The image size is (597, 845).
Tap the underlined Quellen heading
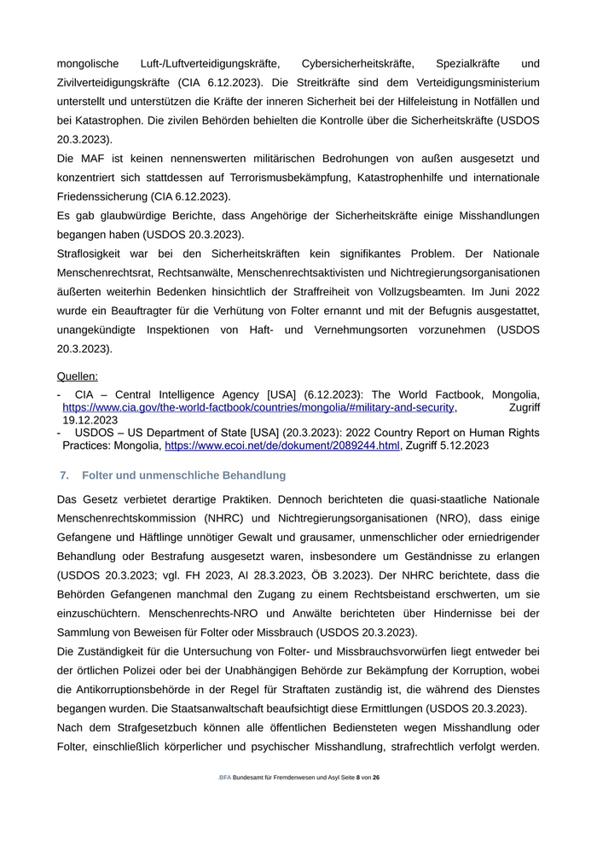pos(78,376)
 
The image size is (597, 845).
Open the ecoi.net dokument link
pos(282,446)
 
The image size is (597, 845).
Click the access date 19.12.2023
pos(90,420)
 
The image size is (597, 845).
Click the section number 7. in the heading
pos(64,475)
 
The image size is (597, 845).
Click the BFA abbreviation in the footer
pos(225,778)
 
